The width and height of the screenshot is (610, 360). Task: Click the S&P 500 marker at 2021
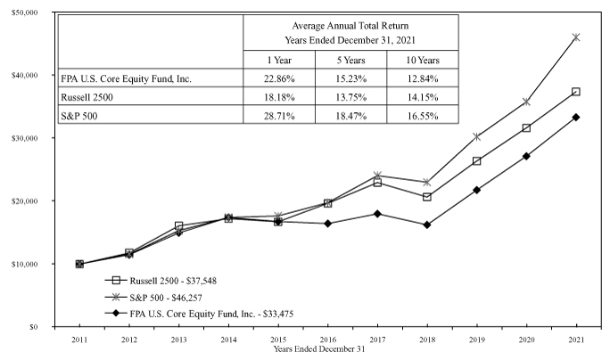coord(576,37)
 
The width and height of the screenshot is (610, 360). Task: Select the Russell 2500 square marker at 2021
coord(576,92)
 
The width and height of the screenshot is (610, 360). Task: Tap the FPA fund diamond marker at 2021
coord(576,117)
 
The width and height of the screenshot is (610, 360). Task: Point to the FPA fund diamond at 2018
coord(427,225)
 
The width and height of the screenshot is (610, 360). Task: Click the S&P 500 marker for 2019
coord(477,137)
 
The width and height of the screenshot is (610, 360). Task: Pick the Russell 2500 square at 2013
coord(179,226)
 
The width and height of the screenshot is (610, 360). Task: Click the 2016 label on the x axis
coord(328,340)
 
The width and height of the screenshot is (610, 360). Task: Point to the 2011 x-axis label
coord(79,340)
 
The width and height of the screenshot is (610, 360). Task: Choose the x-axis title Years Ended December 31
coord(328,349)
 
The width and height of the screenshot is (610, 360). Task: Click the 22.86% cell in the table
coord(279,78)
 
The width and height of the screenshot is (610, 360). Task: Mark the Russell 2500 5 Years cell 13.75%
coord(350,97)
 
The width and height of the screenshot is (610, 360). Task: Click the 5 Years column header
coord(350,60)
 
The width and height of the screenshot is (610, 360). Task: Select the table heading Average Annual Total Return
coord(350,25)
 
